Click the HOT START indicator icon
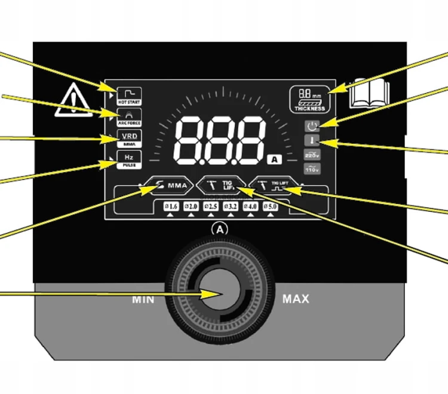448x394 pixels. (x=128, y=94)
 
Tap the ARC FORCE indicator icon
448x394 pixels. (x=128, y=116)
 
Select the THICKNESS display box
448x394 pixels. (x=309, y=99)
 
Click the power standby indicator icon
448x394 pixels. (x=312, y=126)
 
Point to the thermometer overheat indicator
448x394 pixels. (x=312, y=141)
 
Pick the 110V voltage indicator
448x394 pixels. (x=312, y=170)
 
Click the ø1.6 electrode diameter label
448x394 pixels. (x=171, y=207)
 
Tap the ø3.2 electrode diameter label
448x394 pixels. (x=231, y=207)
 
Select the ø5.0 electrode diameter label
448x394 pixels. (x=270, y=207)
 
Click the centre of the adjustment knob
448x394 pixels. (x=220, y=294)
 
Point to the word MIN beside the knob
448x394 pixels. (x=143, y=299)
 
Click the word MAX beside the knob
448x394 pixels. (x=295, y=298)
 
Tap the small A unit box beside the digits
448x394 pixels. (x=274, y=159)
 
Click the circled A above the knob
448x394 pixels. (x=220, y=228)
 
